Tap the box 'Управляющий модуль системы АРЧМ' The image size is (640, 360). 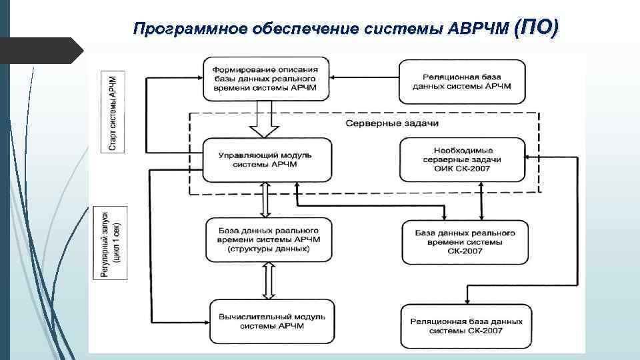pos(266,160)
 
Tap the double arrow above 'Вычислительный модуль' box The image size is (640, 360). pos(268,279)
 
